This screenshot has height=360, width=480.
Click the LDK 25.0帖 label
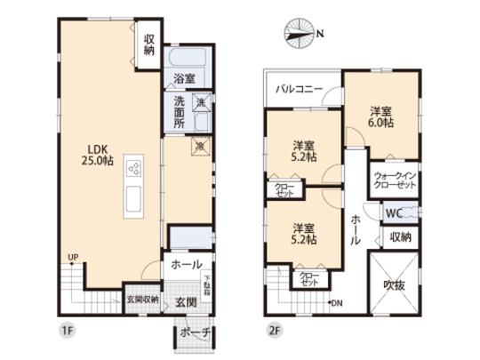(x=99, y=155)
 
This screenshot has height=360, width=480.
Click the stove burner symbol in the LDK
(x=135, y=167)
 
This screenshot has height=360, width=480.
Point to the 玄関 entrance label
(x=186, y=300)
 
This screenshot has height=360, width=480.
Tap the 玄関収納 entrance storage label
(x=142, y=300)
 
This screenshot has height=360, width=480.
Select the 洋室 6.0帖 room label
(x=381, y=117)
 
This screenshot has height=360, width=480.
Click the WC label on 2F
(x=394, y=212)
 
